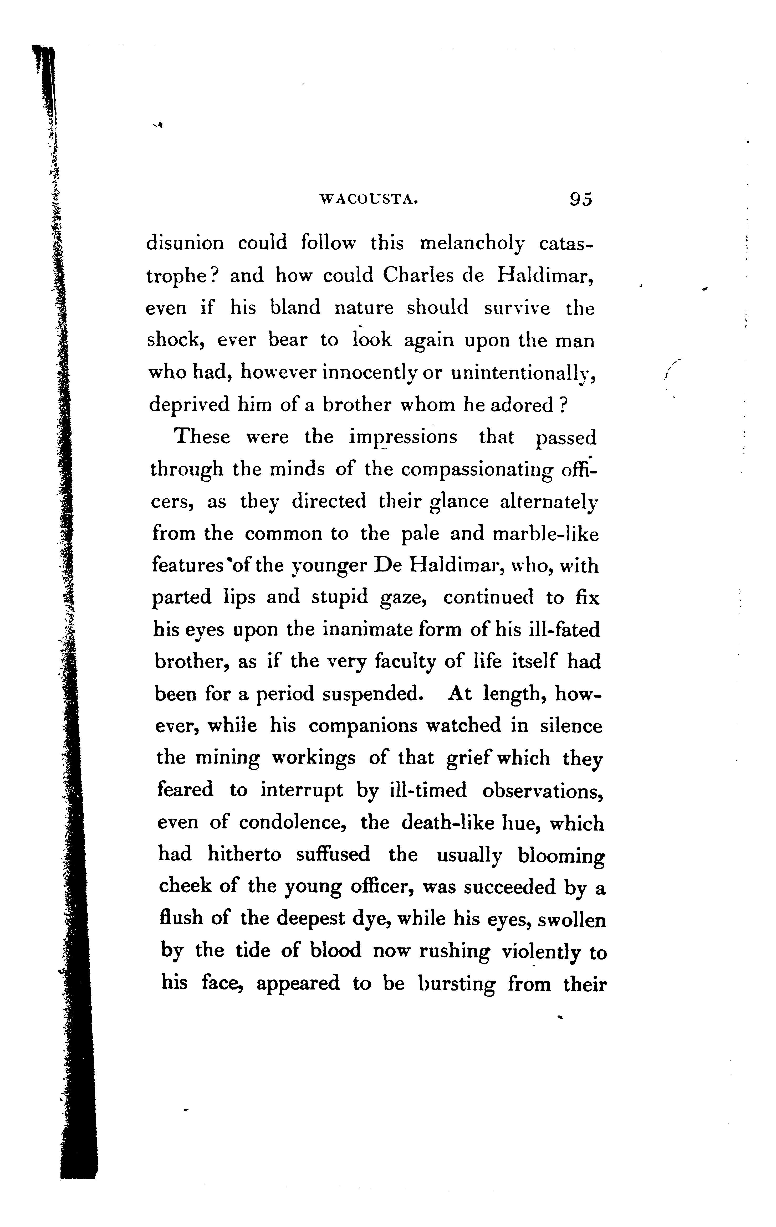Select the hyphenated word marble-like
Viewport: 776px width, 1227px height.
pos(545,534)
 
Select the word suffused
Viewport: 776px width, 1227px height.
pos(333,855)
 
